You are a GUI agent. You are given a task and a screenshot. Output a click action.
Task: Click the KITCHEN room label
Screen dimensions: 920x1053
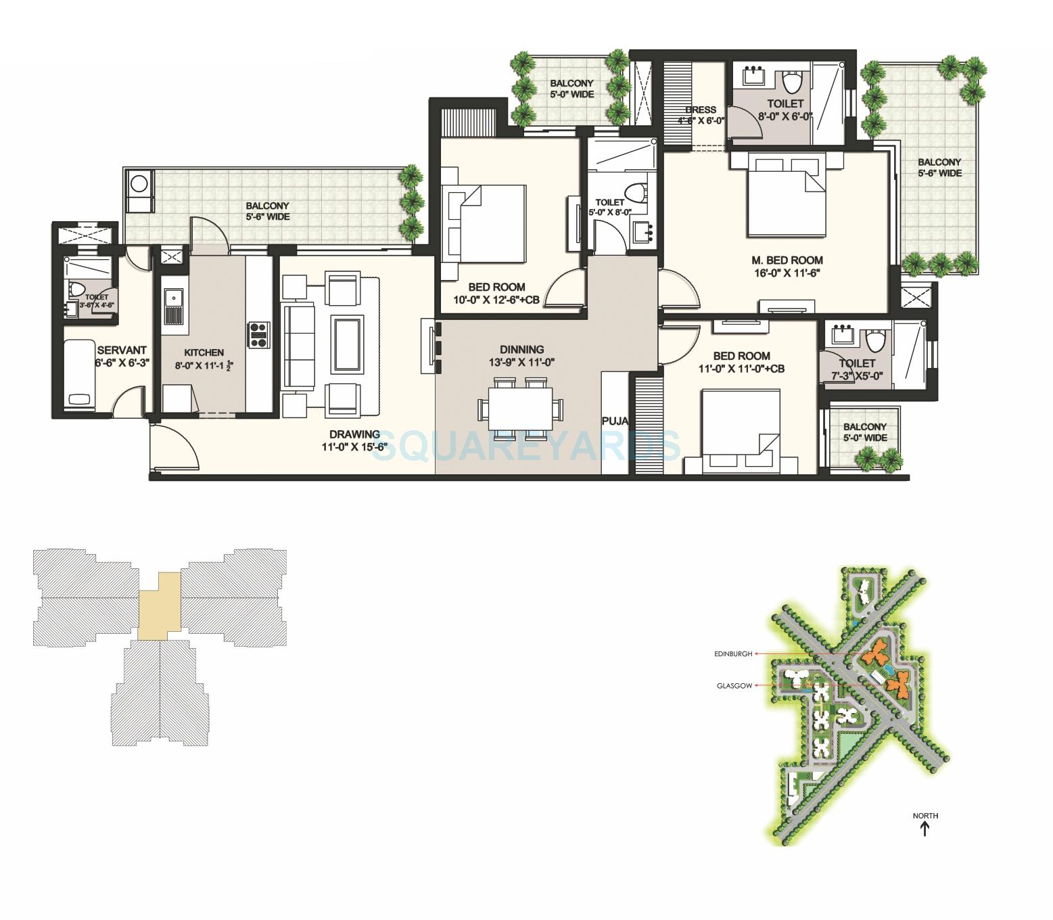click(204, 352)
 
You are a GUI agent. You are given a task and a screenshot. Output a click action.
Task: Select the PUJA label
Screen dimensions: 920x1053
click(615, 421)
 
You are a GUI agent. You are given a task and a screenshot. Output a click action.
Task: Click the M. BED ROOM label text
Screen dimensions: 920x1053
click(787, 260)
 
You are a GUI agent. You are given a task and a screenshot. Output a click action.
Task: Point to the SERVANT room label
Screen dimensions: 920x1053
click(122, 350)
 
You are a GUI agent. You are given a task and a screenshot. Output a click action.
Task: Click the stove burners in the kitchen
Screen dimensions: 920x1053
click(259, 335)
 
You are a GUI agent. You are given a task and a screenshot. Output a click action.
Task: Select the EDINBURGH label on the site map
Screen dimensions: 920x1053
click(732, 654)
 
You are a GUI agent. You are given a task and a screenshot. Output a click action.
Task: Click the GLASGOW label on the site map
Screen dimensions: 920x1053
click(734, 686)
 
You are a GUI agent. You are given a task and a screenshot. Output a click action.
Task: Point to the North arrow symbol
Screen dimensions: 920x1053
click(925, 828)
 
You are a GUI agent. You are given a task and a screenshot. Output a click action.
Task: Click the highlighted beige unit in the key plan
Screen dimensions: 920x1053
click(160, 606)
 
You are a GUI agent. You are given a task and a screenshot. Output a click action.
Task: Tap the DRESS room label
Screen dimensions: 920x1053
click(700, 110)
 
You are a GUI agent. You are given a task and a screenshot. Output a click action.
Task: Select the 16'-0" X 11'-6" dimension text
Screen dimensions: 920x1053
click(787, 273)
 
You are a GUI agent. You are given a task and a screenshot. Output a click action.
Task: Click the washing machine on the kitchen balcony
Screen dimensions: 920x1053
click(139, 184)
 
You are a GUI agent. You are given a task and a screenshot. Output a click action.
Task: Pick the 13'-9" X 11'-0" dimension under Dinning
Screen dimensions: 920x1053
click(521, 362)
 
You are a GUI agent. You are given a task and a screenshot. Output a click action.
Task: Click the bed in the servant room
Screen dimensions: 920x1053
click(80, 374)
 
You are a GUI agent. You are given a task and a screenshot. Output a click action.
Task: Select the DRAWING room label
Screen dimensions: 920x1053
click(354, 434)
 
